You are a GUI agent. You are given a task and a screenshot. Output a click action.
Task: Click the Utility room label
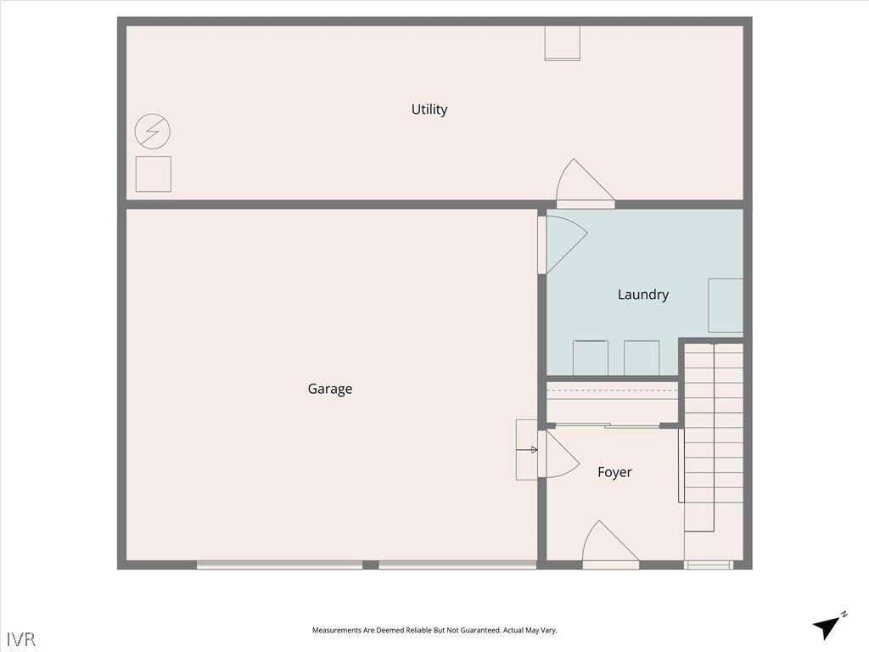click(429, 110)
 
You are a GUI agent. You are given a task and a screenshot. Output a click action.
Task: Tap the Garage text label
click(330, 389)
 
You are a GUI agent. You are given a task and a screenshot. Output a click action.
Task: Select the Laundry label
click(643, 295)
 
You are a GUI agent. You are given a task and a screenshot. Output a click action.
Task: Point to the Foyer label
click(614, 472)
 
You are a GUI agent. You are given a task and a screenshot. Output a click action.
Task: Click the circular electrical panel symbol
click(153, 132)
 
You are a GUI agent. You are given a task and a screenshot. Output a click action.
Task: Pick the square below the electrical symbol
click(154, 174)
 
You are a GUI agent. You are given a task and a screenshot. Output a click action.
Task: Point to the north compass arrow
click(827, 627)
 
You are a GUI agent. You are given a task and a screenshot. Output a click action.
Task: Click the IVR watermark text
click(21, 639)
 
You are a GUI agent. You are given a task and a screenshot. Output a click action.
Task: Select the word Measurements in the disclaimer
click(336, 631)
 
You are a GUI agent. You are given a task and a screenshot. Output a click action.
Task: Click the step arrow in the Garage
click(526, 450)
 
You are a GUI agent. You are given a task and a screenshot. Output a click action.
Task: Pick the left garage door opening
click(280, 565)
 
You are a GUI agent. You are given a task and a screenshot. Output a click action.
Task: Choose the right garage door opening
click(457, 565)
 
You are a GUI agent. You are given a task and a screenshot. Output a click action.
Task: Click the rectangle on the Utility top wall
click(562, 42)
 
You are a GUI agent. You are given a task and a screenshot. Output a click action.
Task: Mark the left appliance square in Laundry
click(591, 358)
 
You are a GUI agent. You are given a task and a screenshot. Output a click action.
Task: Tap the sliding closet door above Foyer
click(608, 426)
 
